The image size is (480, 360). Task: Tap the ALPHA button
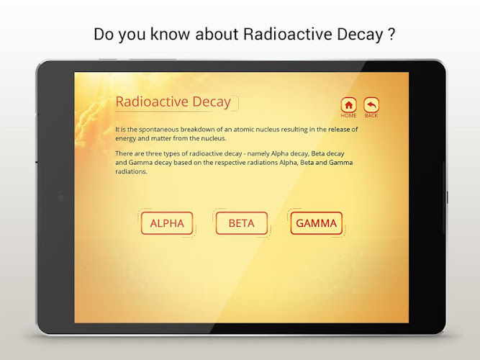pyautogui.click(x=167, y=223)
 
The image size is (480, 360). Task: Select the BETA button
pyautogui.click(x=242, y=223)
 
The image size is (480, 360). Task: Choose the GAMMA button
pyautogui.click(x=316, y=223)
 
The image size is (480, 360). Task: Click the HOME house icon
pyautogui.click(x=349, y=105)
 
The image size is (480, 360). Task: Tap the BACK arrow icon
pyautogui.click(x=371, y=105)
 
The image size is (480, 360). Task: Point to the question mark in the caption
pyautogui.click(x=391, y=34)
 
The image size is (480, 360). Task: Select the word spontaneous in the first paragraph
pyautogui.click(x=158, y=130)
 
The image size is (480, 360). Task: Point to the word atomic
pyautogui.click(x=244, y=130)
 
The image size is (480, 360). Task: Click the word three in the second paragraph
pyautogui.click(x=154, y=153)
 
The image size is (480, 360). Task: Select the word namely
pyautogui.click(x=258, y=153)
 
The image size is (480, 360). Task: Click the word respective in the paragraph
pyautogui.click(x=230, y=163)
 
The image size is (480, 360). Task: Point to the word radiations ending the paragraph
pyautogui.click(x=131, y=171)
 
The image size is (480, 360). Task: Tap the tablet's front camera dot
pyautogui.click(x=60, y=197)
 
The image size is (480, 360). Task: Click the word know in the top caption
pyautogui.click(x=170, y=34)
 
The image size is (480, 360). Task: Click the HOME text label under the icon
pyautogui.click(x=349, y=115)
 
